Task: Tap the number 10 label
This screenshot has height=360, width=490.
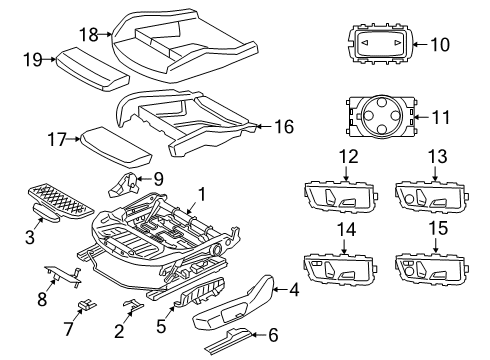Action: coord(440,43)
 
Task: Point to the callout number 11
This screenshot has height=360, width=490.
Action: coord(441,117)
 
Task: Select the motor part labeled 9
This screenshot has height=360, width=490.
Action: coord(124,185)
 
